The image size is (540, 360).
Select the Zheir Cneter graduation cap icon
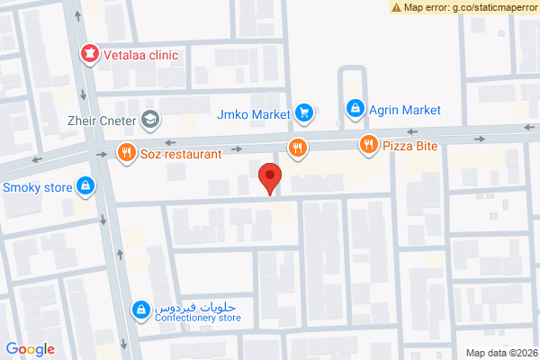point(149,118)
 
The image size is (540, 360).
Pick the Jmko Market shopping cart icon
point(304,113)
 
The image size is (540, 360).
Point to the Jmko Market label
point(254,114)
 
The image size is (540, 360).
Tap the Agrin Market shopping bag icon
point(355,110)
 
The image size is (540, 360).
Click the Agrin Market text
point(405,110)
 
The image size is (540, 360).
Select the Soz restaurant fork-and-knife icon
point(126,153)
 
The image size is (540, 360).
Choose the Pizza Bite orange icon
point(368,144)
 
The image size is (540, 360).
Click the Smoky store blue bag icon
point(84,187)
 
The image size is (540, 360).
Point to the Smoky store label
point(37,188)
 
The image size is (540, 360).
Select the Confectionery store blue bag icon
point(140,310)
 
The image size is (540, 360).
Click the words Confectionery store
point(198,317)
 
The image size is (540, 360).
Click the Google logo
point(30,349)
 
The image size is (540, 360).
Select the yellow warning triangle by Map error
point(397,7)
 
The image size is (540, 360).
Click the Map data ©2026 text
point(499,352)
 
